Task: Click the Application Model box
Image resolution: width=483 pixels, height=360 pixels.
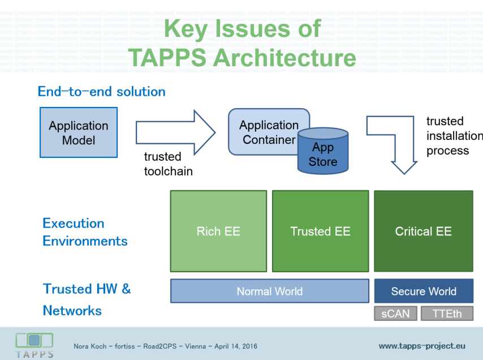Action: click(x=79, y=133)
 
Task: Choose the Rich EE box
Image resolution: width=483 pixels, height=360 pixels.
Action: click(x=218, y=231)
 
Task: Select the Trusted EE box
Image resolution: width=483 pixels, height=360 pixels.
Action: click(x=320, y=231)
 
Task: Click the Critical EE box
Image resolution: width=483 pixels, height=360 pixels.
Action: click(x=423, y=231)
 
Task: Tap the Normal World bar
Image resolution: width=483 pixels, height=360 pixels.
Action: click(x=269, y=291)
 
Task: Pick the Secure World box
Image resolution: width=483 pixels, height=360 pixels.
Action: click(x=423, y=291)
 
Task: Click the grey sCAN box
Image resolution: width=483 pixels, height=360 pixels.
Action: click(x=395, y=314)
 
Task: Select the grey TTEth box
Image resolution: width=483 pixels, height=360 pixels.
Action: click(x=447, y=314)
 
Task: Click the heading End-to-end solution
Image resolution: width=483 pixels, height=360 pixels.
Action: click(x=102, y=91)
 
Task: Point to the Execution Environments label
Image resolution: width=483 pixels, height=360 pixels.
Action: click(x=85, y=232)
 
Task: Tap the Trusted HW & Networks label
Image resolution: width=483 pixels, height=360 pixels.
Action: click(x=87, y=299)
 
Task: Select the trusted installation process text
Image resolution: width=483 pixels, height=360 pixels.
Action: click(x=452, y=136)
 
